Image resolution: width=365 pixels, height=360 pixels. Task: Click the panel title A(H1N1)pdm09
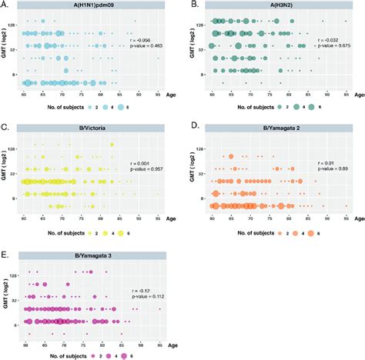tap(94, 8)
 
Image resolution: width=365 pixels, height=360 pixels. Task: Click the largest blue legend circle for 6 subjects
tap(121, 109)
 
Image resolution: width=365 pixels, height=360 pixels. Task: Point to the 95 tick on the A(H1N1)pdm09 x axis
tap(159, 95)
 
